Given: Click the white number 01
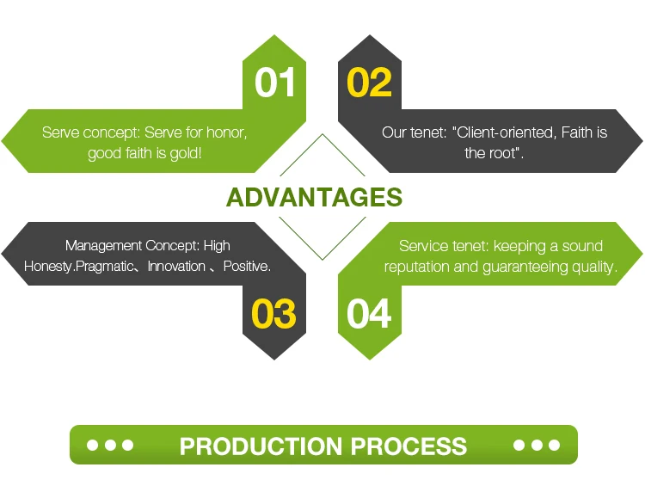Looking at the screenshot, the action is coord(275,82).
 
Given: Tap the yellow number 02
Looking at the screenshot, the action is coord(370,82).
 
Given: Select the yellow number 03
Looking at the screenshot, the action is coord(273,314).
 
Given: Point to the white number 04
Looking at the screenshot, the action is coord(369,314).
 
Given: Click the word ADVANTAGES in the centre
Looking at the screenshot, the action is coord(314,197).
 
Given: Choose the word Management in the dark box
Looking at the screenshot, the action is coord(102,246).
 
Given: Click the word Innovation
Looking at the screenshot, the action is coord(176,267).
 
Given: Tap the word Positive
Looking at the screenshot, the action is coord(247,267).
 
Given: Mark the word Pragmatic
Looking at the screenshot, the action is coord(105,267).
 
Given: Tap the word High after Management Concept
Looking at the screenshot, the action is coord(217,246).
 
